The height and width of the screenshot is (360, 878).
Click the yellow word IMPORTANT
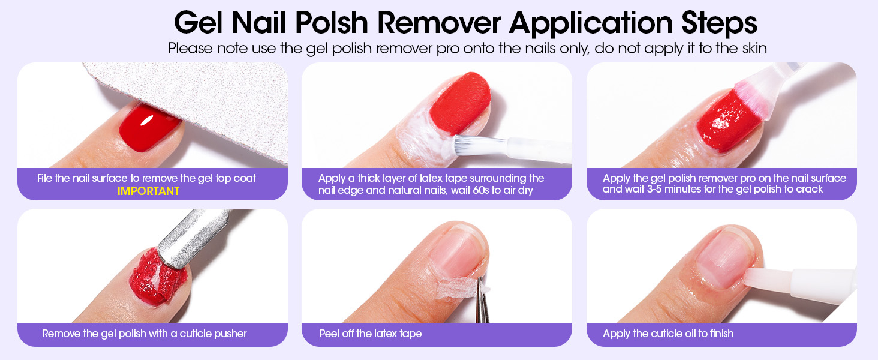click(148, 191)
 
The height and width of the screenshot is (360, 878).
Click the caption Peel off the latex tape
click(371, 334)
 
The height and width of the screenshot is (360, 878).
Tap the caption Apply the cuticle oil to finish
click(668, 334)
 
